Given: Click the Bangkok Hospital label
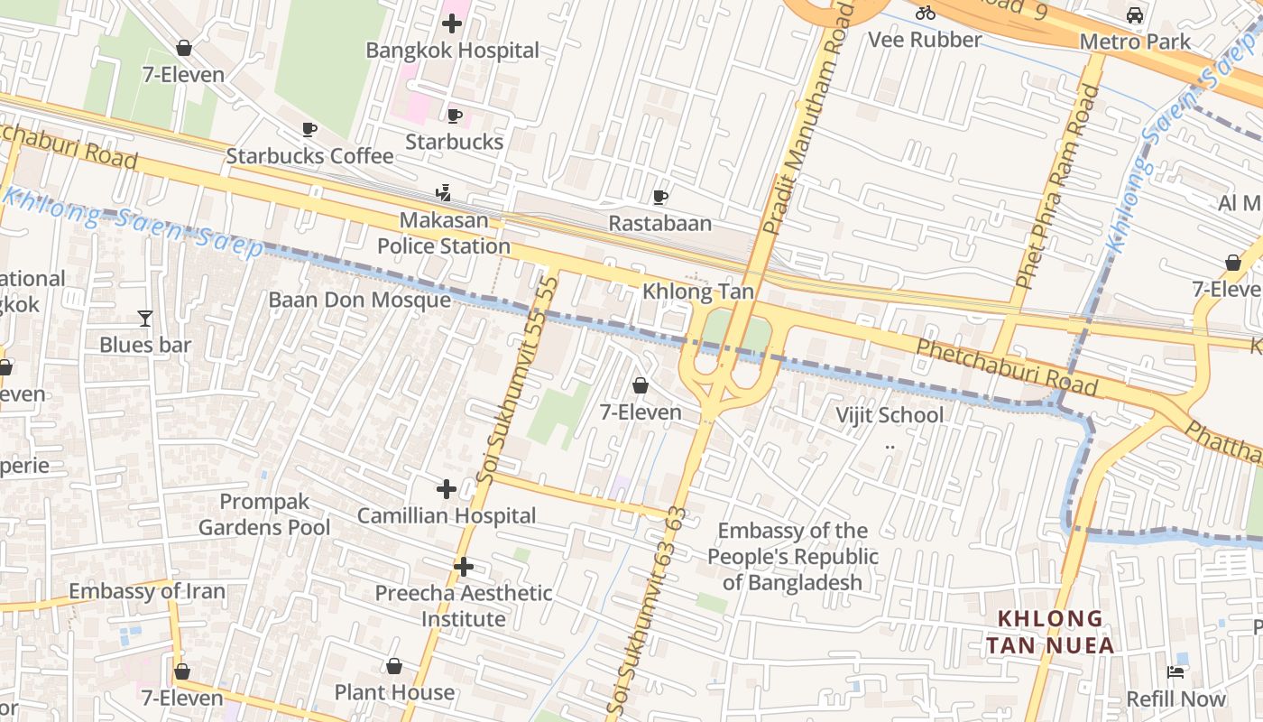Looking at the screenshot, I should click(x=452, y=51).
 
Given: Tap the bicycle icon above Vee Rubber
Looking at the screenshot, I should click(x=925, y=13).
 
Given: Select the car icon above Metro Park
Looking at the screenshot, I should click(x=1135, y=15).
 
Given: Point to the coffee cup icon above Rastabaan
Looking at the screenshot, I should click(x=660, y=197).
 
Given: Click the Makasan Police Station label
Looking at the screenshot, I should click(x=443, y=233).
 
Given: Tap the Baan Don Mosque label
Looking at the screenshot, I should click(x=359, y=300).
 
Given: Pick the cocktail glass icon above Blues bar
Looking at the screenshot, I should click(x=144, y=318).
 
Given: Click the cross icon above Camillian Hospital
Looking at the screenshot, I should click(x=446, y=489).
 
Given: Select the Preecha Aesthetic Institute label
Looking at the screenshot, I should click(x=464, y=606).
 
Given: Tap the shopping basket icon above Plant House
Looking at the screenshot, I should click(x=394, y=666).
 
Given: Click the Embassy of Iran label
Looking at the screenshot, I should click(x=147, y=591).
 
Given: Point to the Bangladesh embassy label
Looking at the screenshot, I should click(x=792, y=556).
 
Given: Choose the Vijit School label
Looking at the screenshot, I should click(x=889, y=415).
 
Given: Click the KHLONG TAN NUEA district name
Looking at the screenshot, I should click(x=1050, y=632).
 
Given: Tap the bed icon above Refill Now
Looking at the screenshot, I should click(x=1175, y=671).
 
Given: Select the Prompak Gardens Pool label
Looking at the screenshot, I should click(x=264, y=514).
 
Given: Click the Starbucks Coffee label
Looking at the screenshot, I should click(x=309, y=155).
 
